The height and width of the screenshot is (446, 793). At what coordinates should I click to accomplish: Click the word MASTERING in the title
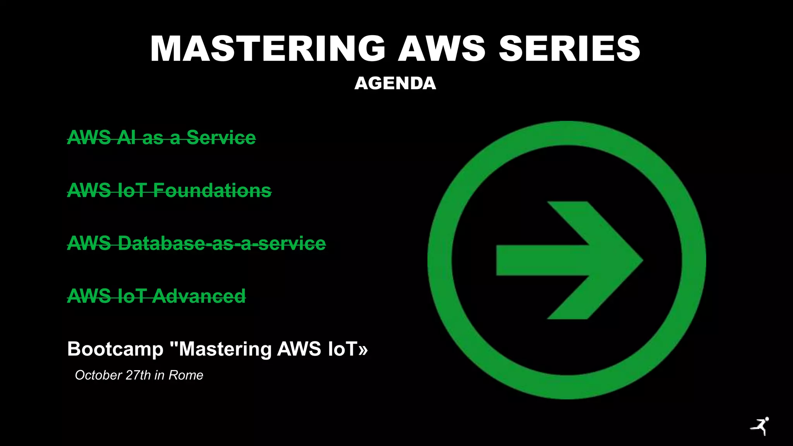[x=268, y=49]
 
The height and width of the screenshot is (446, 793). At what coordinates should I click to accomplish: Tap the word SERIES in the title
[x=569, y=49]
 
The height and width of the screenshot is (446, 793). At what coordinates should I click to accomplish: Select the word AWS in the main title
[x=441, y=49]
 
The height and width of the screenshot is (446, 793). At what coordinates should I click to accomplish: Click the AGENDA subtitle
[x=395, y=83]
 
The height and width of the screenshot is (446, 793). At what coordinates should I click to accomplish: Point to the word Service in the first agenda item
[x=221, y=137]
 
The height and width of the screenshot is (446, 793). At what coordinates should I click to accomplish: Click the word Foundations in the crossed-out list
[x=212, y=190]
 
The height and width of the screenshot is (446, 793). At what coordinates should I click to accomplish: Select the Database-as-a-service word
[x=221, y=244]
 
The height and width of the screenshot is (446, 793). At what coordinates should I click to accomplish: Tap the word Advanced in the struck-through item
[x=199, y=296]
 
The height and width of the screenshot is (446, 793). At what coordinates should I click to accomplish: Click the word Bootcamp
[x=115, y=349]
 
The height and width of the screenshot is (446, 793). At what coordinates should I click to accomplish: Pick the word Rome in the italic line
[x=186, y=375]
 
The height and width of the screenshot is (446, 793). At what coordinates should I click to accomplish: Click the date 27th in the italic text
[x=138, y=375]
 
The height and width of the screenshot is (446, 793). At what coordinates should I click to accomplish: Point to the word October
[x=98, y=375]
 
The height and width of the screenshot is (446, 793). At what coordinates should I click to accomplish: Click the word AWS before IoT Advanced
[x=89, y=296]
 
